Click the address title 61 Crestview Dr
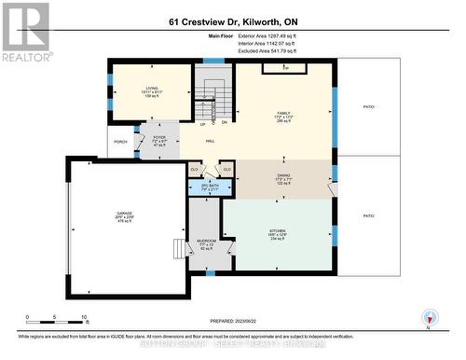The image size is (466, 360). (x=232, y=21)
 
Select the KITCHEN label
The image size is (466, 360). (x=278, y=233)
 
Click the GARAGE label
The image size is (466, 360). (x=124, y=218)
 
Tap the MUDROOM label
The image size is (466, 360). (x=207, y=244)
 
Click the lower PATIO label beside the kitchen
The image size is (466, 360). (x=369, y=215)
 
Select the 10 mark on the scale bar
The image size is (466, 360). (x=84, y=318)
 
